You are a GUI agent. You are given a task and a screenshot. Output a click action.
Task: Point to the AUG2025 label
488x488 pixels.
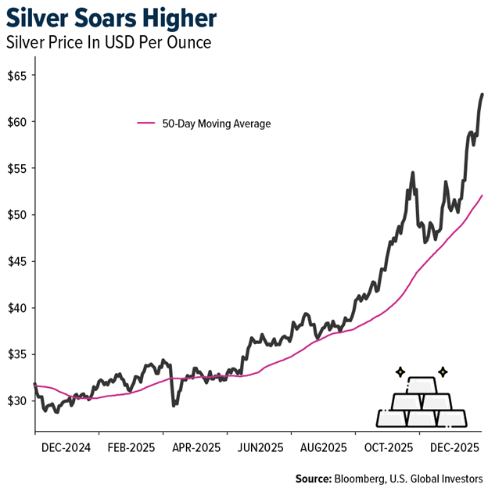click(x=322, y=448)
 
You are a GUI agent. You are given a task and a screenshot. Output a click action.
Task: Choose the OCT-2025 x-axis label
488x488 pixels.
click(x=389, y=448)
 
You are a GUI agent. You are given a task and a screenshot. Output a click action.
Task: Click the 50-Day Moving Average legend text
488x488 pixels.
click(x=216, y=124)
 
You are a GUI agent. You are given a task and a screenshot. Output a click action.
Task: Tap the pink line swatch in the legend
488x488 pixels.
click(x=146, y=124)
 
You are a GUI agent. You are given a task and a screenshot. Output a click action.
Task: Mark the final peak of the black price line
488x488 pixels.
click(x=482, y=95)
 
